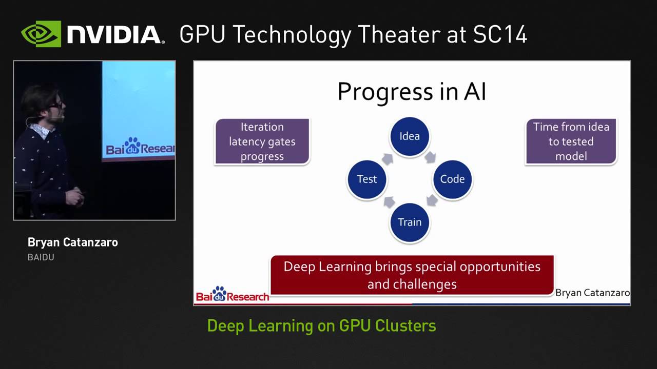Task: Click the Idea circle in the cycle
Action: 409,136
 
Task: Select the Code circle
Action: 452,179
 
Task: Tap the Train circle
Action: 409,222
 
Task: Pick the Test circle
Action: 366,179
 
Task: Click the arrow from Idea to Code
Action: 430,157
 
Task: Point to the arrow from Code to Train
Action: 431,200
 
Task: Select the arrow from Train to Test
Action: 389,201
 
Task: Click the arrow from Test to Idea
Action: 388,158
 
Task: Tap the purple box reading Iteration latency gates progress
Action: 262,141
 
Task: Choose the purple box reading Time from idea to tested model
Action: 571,141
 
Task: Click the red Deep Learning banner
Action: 412,275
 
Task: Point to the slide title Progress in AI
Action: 411,92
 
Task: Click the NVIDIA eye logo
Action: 41,34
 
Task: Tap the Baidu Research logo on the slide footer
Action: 232,294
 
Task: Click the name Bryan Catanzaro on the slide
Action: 592,293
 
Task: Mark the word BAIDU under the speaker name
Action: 41,257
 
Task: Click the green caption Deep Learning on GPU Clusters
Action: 321,326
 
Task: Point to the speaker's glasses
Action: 56,105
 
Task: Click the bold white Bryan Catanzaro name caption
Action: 72,242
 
